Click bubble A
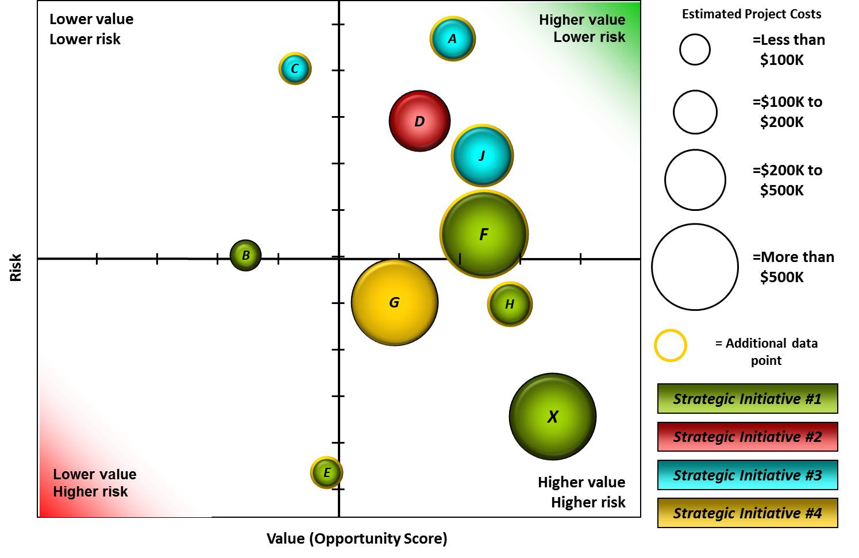click(453, 39)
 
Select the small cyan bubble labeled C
click(295, 68)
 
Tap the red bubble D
click(419, 121)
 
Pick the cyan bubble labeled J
click(482, 156)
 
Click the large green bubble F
click(484, 234)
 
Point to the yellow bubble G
click(395, 302)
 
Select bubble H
click(510, 304)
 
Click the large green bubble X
click(553, 417)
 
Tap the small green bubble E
click(326, 472)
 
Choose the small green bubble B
click(245, 255)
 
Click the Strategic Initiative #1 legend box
click(748, 399)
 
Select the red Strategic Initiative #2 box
click(748, 437)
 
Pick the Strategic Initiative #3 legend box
click(748, 475)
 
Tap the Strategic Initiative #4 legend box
click(748, 513)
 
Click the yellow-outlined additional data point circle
click(671, 345)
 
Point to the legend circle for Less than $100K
click(695, 49)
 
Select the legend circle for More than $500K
click(695, 267)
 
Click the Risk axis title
click(16, 267)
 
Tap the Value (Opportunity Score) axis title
click(357, 538)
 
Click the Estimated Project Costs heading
click(752, 14)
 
